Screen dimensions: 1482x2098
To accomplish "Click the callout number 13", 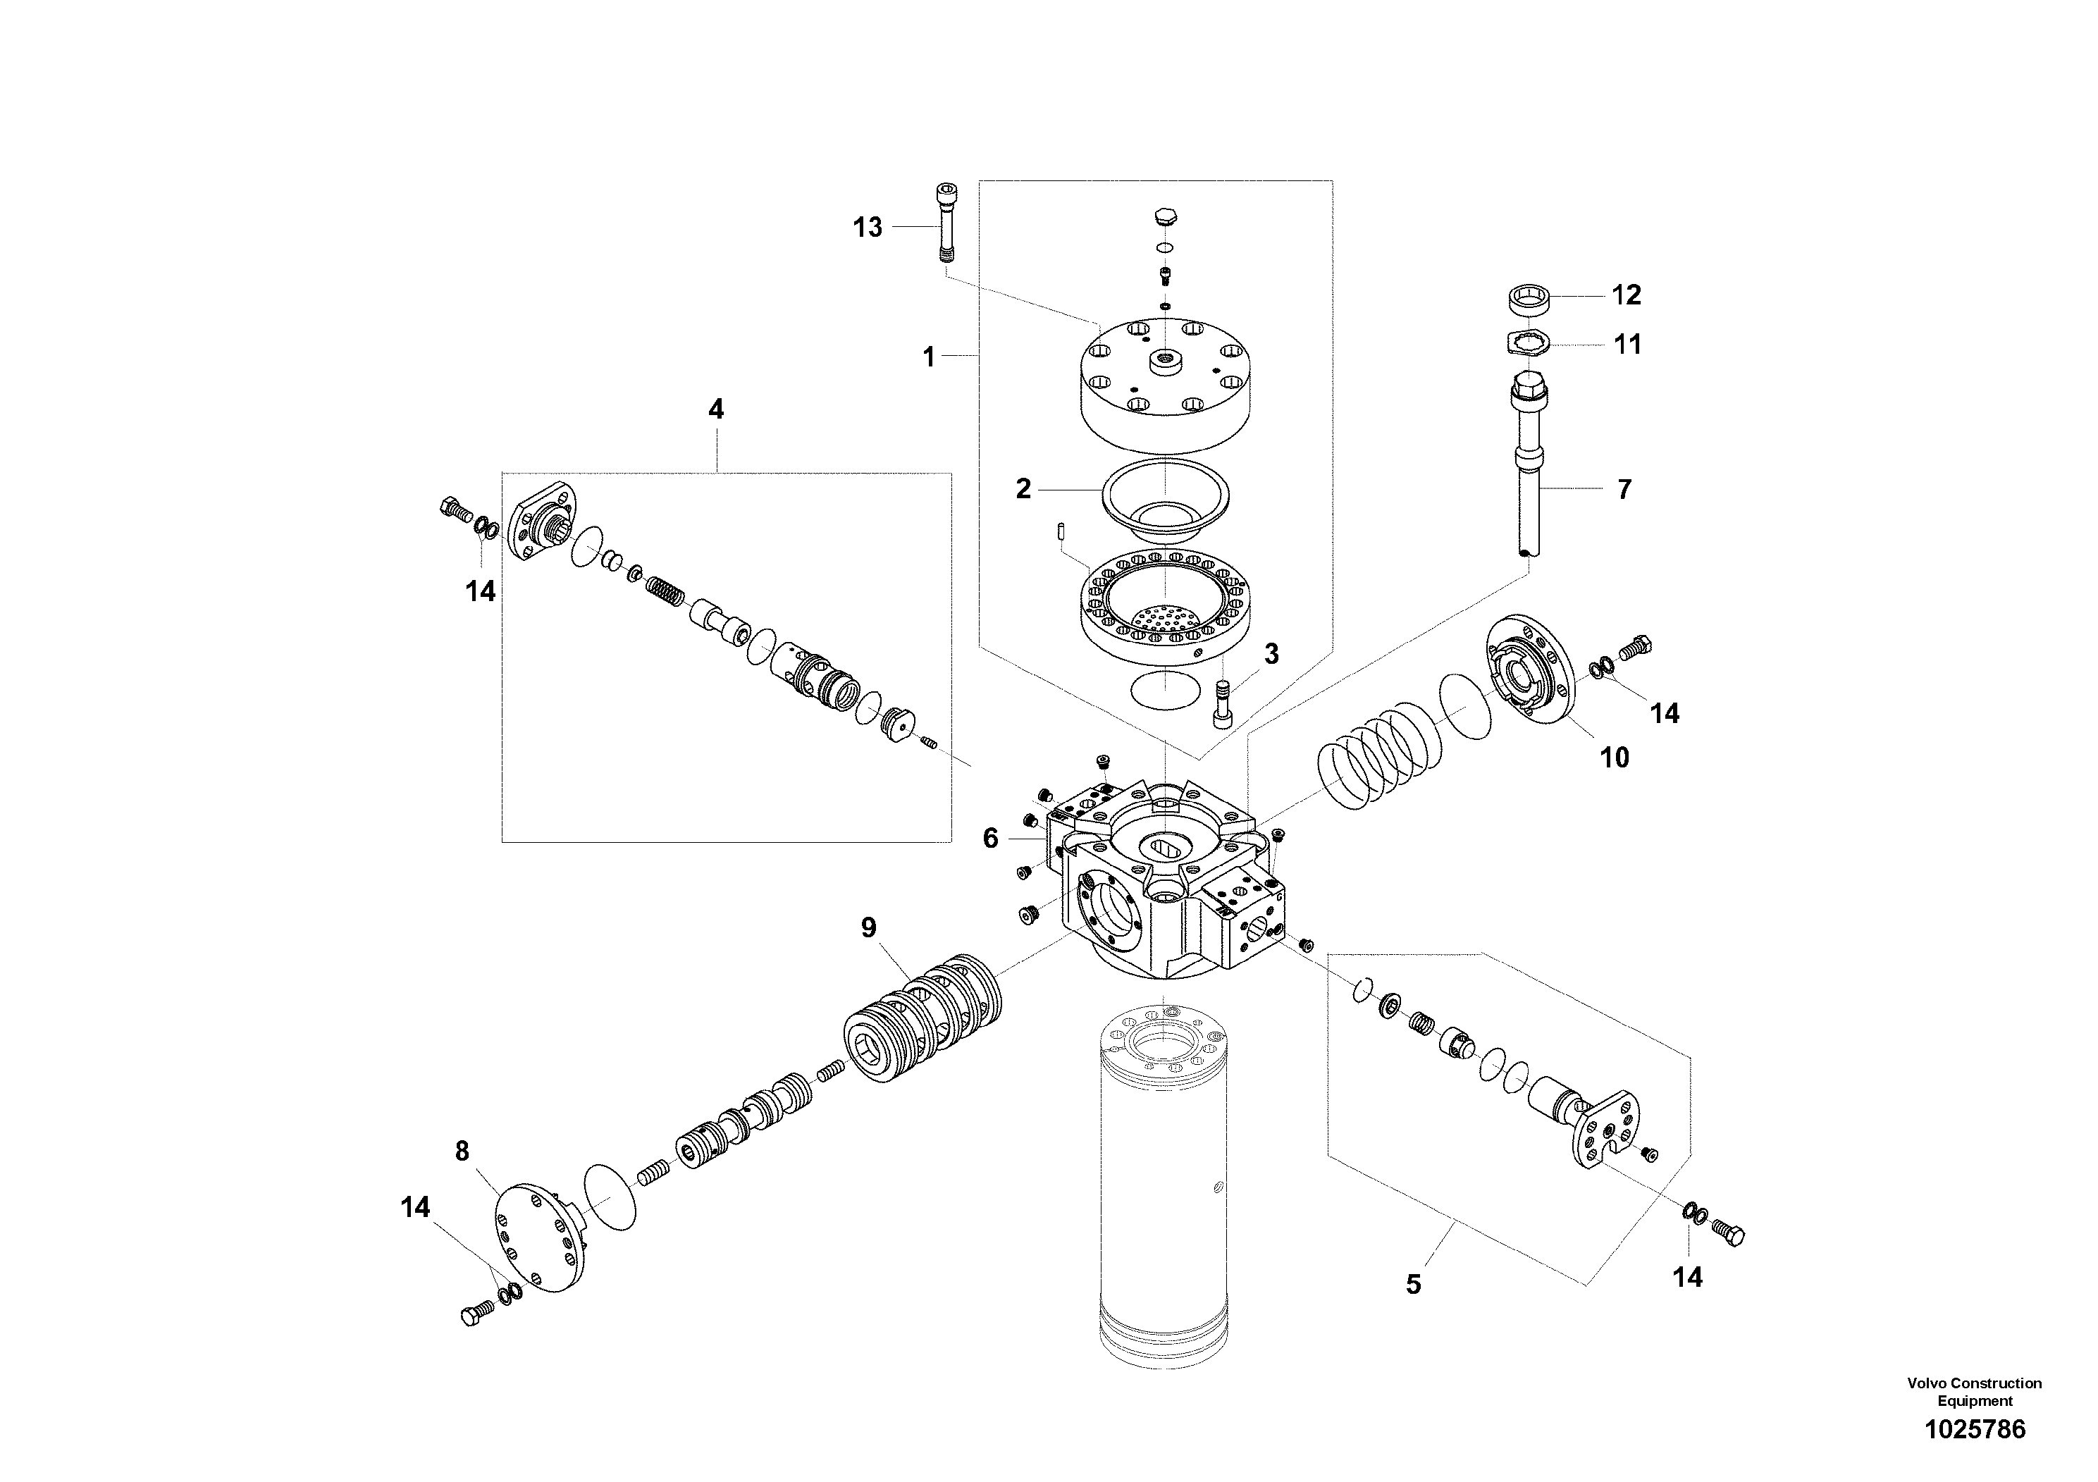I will pyautogui.click(x=867, y=228).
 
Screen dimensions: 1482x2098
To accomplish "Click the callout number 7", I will pyautogui.click(x=1624, y=490).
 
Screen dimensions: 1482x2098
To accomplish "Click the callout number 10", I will pyautogui.click(x=1614, y=758).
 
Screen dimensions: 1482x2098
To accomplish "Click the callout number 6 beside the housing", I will pyautogui.click(x=991, y=838).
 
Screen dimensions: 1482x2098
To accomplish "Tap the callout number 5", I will pyautogui.click(x=1413, y=1285).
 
